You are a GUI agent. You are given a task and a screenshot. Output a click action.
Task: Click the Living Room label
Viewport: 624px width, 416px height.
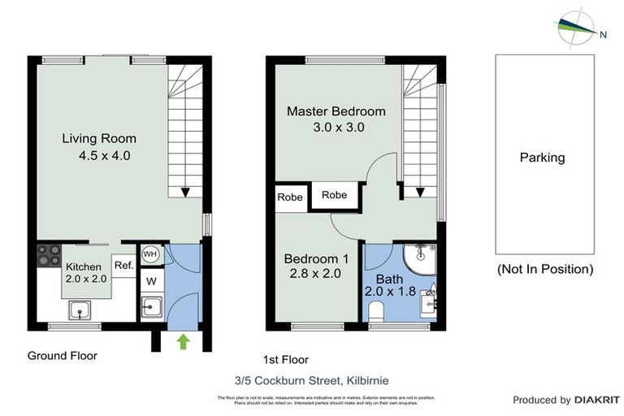(99, 138)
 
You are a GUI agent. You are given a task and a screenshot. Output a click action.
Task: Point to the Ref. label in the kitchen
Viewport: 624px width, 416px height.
(123, 265)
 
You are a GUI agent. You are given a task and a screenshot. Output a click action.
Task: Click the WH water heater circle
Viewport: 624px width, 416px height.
(150, 254)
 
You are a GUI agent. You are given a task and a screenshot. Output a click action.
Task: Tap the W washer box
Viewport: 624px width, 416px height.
(150, 281)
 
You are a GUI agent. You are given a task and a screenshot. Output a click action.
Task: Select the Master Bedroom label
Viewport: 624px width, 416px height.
(336, 111)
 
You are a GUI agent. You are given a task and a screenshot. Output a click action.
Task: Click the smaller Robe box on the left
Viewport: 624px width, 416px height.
(290, 197)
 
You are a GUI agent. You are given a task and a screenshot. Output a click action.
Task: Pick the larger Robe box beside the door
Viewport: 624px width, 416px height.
(334, 195)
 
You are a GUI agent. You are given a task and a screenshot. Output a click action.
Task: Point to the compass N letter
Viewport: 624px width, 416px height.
(604, 34)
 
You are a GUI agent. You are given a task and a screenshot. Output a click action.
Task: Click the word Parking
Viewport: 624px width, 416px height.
(542, 158)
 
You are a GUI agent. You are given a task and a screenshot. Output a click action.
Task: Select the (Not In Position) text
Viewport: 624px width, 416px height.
(544, 269)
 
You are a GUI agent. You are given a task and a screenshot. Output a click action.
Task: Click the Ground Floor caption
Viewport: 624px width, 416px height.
(63, 356)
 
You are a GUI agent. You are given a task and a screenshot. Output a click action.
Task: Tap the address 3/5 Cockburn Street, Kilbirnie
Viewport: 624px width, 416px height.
(312, 378)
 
